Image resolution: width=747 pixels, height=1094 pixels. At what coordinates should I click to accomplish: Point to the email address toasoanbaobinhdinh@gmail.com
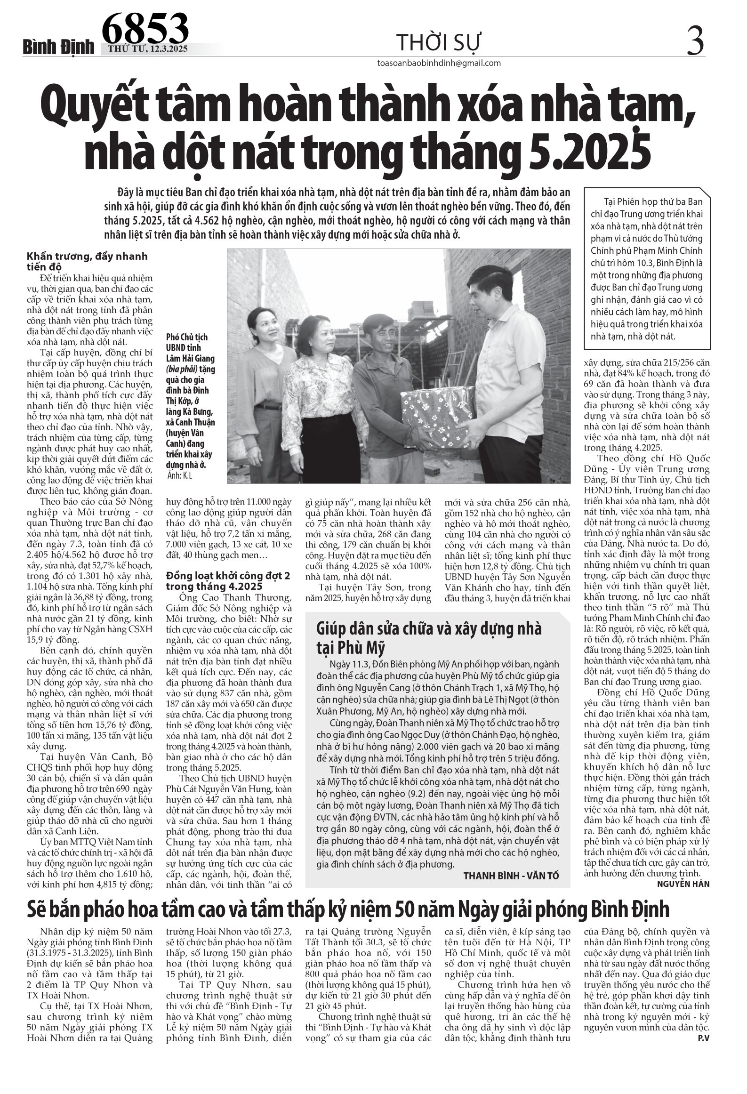[439, 63]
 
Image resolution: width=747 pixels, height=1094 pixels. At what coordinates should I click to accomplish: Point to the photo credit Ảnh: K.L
[180, 475]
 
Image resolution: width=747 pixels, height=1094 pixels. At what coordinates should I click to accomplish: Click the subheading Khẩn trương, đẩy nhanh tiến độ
[87, 262]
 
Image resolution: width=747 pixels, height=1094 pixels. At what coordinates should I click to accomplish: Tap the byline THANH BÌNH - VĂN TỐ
[512, 875]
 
